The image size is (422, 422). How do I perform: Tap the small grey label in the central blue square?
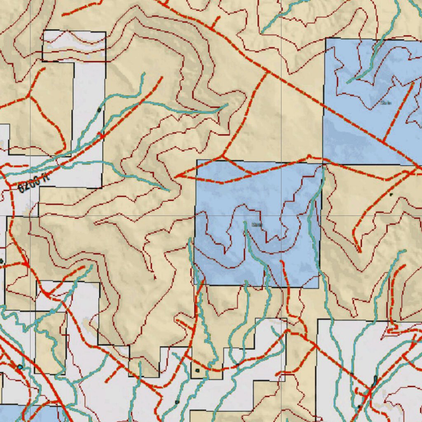(x=257, y=225)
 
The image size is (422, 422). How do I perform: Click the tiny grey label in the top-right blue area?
(x=386, y=103)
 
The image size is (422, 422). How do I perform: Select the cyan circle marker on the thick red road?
(x=20, y=367)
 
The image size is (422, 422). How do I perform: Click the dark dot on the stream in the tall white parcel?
(x=99, y=110)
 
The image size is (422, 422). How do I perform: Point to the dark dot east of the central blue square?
(x=391, y=194)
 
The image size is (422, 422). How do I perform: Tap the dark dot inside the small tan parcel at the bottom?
(x=198, y=370)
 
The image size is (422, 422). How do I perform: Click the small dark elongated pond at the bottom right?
(x=374, y=381)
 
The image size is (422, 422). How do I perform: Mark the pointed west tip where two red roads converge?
(x=176, y=176)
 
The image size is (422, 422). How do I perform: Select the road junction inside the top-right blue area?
(x=384, y=141)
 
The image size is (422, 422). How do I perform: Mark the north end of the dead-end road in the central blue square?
(x=282, y=261)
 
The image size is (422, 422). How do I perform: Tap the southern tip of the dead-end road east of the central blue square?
(x=359, y=251)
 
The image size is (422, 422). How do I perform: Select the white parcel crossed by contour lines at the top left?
(x=74, y=45)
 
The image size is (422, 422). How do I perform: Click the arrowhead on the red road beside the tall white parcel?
(x=101, y=135)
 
